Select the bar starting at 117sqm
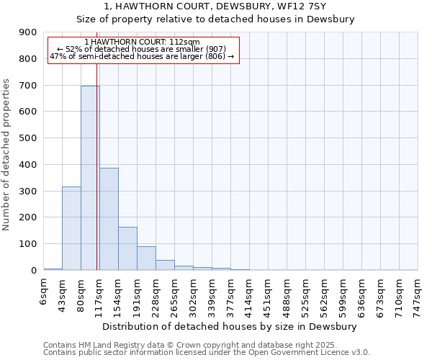click(x=109, y=219)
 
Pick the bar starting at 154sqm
click(x=127, y=248)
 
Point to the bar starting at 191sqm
click(x=146, y=258)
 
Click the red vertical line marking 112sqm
click(x=96, y=144)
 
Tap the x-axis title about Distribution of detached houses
click(x=230, y=327)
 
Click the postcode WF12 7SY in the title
click(x=302, y=6)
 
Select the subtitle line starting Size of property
click(x=216, y=19)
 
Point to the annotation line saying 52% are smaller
click(x=142, y=49)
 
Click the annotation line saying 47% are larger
click(x=142, y=56)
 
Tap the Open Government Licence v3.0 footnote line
click(x=207, y=353)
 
